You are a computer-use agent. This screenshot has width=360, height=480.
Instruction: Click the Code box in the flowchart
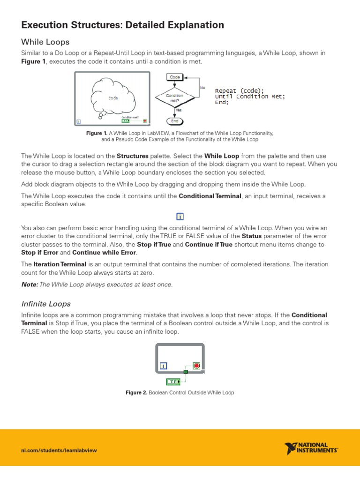coord(175,77)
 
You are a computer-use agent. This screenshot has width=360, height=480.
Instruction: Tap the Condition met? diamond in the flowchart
coord(174,97)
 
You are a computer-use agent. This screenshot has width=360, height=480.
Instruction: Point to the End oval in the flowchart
coord(175,120)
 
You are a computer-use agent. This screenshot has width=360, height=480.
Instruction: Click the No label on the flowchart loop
coord(202,87)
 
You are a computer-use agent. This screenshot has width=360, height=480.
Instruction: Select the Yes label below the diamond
coord(178,110)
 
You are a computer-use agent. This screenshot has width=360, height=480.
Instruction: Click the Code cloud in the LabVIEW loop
coord(112,98)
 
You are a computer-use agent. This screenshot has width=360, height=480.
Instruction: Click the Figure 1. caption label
coord(97,133)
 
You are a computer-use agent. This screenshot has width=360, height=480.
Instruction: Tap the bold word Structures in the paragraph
coord(132,156)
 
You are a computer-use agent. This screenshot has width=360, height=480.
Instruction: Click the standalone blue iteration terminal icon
coord(180,216)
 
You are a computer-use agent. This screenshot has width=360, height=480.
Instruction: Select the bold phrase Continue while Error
coord(104,252)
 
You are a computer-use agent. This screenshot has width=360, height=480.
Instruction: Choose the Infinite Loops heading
coord(46,304)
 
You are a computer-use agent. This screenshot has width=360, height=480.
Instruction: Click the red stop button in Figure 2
coord(197,365)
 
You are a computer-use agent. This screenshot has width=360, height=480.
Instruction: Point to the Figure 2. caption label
coord(136,392)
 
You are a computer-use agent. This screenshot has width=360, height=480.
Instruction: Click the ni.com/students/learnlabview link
coord(59,450)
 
